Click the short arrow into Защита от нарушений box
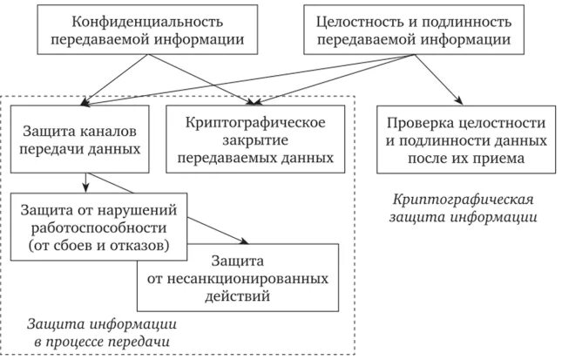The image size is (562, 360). [85, 187]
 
